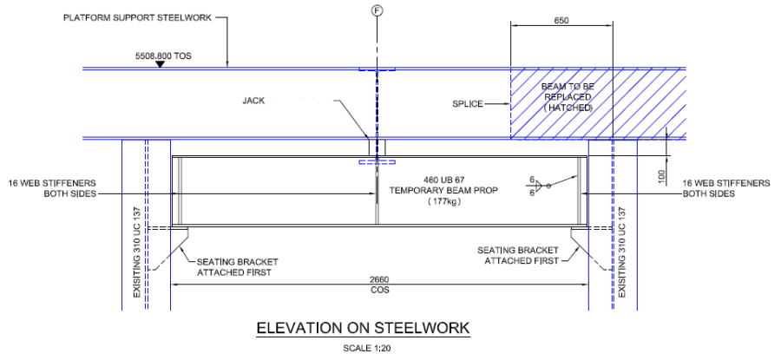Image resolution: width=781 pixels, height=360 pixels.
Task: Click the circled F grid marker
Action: point(377,11)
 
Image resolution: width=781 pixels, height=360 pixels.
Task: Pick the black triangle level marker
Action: point(160,63)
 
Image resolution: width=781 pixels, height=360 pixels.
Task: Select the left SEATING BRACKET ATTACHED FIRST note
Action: point(233,266)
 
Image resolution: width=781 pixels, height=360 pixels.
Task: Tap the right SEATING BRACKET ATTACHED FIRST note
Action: point(519,255)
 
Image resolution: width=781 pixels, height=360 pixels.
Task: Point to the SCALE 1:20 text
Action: point(364,349)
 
